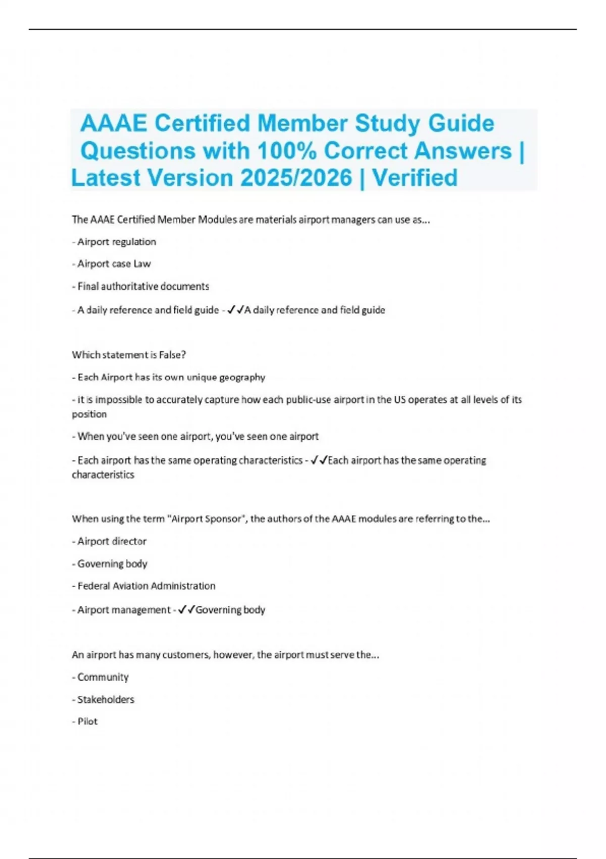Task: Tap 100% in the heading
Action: pos(287,151)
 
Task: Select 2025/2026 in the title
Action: pos(296,178)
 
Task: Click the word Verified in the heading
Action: pos(415,178)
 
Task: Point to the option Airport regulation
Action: pos(116,242)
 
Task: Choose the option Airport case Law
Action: pos(114,264)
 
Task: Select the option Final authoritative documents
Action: pos(143,287)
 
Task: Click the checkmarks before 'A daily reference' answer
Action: pos(235,310)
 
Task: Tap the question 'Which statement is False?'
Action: pos(129,355)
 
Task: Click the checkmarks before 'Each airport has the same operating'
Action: pos(319,460)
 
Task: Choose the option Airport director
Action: pos(112,542)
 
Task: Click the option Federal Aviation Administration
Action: pos(146,586)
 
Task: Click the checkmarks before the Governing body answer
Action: pos(186,610)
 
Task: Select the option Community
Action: pos(103,677)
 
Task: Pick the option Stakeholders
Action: pos(106,700)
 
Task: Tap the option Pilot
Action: pos(87,722)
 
